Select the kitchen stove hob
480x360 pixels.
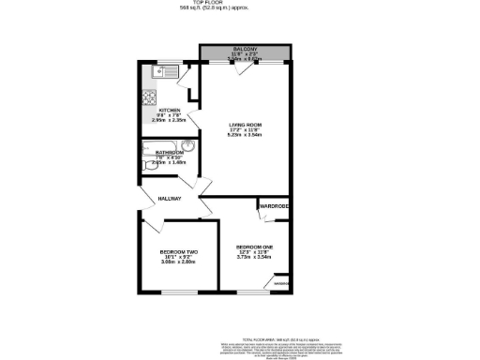coord(148,97)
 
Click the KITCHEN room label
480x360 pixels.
coord(169,111)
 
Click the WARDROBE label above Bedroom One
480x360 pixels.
coord(274,205)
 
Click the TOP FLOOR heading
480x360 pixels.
coord(240,4)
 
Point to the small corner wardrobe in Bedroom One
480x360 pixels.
coord(280,282)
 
